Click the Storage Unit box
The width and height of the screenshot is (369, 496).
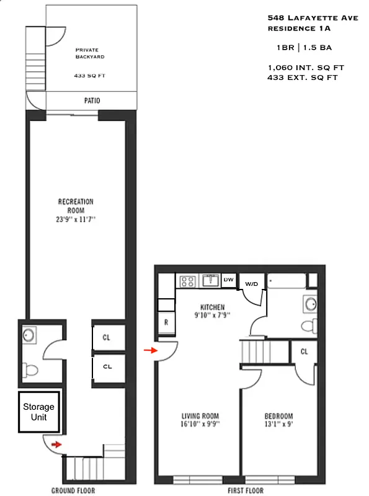[x=38, y=412]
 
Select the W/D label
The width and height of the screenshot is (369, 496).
[x=252, y=283]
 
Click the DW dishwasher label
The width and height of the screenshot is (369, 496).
[x=228, y=280]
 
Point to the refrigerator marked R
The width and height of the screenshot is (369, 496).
[x=166, y=322]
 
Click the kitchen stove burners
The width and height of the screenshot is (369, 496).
[x=187, y=281]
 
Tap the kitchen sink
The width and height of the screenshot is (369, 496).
[x=210, y=281]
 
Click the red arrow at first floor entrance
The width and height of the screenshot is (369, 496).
[x=149, y=351]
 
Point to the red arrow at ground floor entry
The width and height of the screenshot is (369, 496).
[x=56, y=444]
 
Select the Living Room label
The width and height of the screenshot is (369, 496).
[x=200, y=420]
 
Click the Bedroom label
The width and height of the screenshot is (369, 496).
[x=278, y=420]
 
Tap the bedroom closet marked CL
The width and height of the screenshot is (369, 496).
[x=304, y=352]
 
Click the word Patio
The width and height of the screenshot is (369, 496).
[x=92, y=100]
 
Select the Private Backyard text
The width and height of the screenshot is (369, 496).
[x=90, y=53]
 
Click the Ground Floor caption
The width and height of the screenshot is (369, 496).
[x=73, y=490]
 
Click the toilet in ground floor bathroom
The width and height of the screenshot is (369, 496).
[x=30, y=370]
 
